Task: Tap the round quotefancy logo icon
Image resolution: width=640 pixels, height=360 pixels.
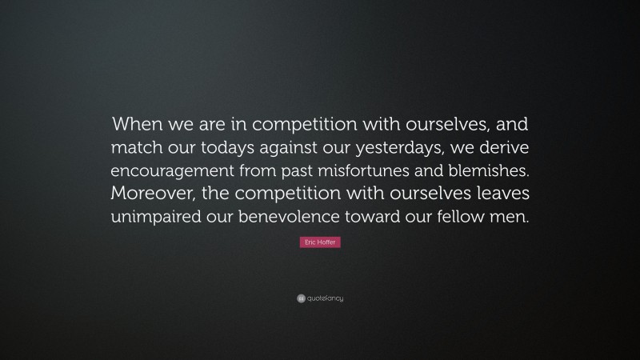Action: (301, 298)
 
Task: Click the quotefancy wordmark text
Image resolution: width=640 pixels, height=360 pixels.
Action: (326, 298)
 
